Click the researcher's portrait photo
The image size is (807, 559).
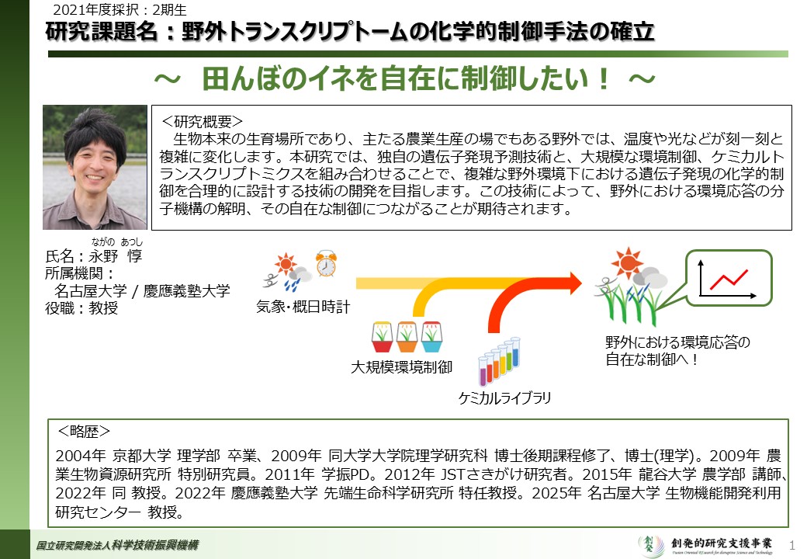(x=95, y=167)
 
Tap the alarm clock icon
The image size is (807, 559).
(x=326, y=263)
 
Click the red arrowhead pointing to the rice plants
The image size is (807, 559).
(x=573, y=283)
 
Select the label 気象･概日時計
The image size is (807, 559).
(x=303, y=307)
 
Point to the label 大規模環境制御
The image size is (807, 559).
(x=401, y=367)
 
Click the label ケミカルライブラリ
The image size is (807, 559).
(x=504, y=398)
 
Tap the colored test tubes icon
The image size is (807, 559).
(x=499, y=361)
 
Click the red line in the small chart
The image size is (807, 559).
(x=729, y=279)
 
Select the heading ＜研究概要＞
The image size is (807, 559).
(x=202, y=121)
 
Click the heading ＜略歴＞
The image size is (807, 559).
(x=83, y=432)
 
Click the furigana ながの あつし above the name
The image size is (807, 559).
(x=117, y=241)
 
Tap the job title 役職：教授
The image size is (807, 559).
(x=81, y=307)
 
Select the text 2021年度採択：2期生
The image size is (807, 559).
(x=120, y=10)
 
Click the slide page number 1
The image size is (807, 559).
(x=792, y=544)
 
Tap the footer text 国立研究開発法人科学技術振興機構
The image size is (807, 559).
(x=117, y=545)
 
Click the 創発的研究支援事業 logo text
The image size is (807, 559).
(x=721, y=543)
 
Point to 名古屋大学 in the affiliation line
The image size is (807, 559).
(x=91, y=291)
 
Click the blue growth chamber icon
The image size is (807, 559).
(x=431, y=336)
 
